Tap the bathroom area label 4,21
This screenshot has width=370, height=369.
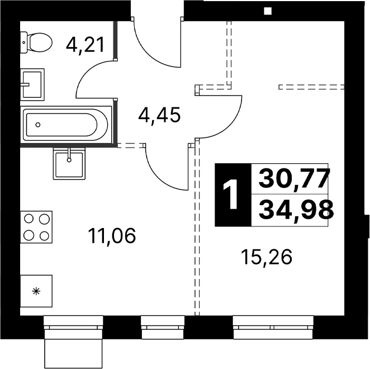pyautogui.click(x=85, y=45)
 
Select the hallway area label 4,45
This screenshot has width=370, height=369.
pyautogui.click(x=159, y=115)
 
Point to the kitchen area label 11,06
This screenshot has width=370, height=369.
pyautogui.click(x=112, y=236)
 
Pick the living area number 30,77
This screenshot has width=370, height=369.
pyautogui.click(x=294, y=178)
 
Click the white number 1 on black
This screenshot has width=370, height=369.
pyautogui.click(x=230, y=194)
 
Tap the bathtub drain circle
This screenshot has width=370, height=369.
pyautogui.click(x=38, y=125)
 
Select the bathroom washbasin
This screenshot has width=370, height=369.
pyautogui.click(x=32, y=84)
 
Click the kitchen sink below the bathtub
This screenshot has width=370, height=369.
pyautogui.click(x=69, y=164)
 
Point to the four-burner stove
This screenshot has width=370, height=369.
pyautogui.click(x=36, y=227)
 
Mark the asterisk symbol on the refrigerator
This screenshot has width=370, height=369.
pyautogui.click(x=36, y=291)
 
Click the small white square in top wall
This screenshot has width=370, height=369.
pyautogui.click(x=268, y=11)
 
